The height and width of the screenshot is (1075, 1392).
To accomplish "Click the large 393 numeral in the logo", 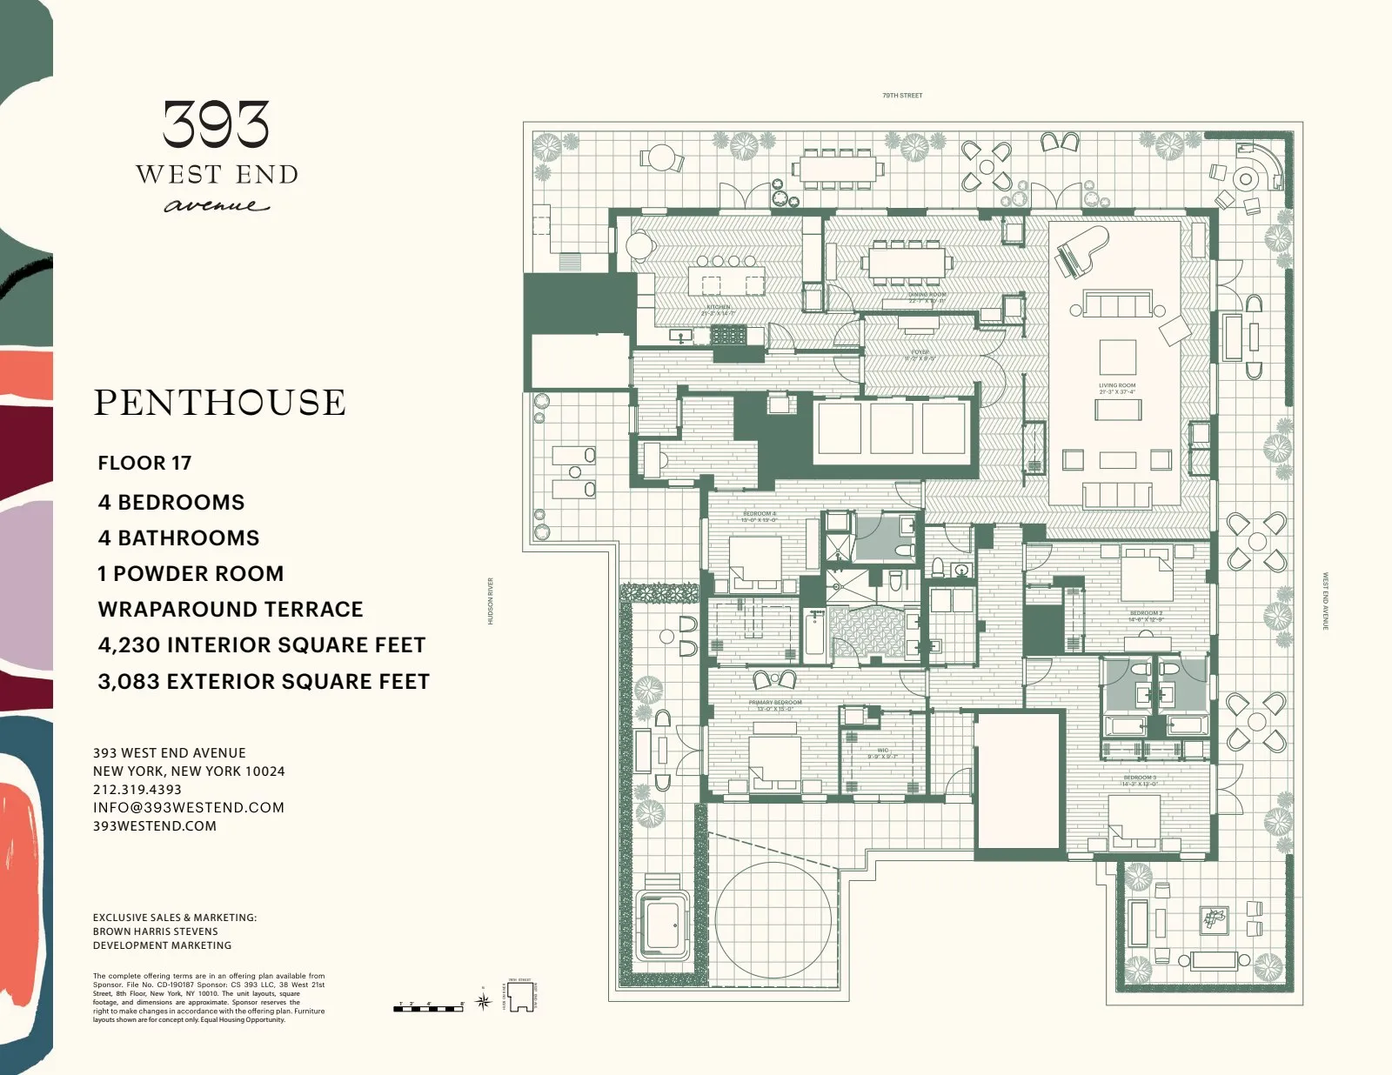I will click(x=216, y=124).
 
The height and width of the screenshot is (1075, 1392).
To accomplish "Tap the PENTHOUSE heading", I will click(x=220, y=403).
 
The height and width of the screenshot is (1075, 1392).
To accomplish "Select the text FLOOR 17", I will click(x=144, y=463).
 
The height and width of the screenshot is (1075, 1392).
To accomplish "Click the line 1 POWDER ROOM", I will click(x=191, y=574).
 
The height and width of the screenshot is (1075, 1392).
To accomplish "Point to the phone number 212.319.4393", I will click(x=137, y=790).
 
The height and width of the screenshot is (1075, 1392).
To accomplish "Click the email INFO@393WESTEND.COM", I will click(x=189, y=808).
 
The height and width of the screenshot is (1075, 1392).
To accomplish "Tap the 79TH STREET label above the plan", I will click(x=901, y=95).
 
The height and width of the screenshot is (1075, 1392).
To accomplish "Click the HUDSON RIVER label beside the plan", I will click(x=491, y=601).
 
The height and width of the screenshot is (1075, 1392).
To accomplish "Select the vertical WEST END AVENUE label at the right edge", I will click(x=1326, y=601).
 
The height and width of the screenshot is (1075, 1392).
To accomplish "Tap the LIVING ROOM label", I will click(x=1117, y=386).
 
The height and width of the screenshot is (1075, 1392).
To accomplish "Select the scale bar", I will click(x=429, y=1007).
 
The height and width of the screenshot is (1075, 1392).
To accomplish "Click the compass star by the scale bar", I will click(x=485, y=1001).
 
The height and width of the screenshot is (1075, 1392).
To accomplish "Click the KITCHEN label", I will click(x=718, y=307).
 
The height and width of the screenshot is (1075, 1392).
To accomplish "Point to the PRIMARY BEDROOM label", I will click(x=775, y=702).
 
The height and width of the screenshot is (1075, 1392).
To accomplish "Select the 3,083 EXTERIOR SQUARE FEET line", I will click(x=264, y=682).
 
